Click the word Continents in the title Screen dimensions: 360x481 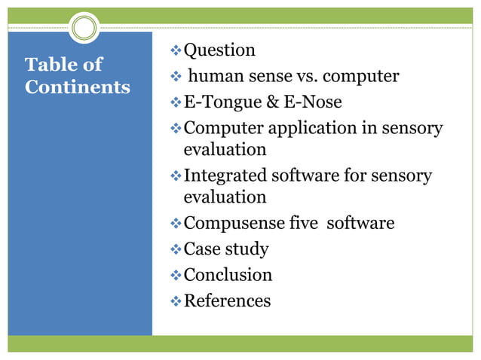coord(78,87)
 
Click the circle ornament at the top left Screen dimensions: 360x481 coord(83,29)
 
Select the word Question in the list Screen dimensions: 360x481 coord(219,50)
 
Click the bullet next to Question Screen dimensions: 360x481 coord(175,50)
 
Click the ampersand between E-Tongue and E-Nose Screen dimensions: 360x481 coord(268,102)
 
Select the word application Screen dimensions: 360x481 coord(308,128)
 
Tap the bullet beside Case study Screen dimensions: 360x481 coord(175,249)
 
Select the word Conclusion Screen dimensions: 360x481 coord(228,275)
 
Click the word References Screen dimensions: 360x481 coord(227,301)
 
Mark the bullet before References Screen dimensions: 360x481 coord(175,301)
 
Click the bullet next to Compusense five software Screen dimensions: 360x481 coord(175,223)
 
